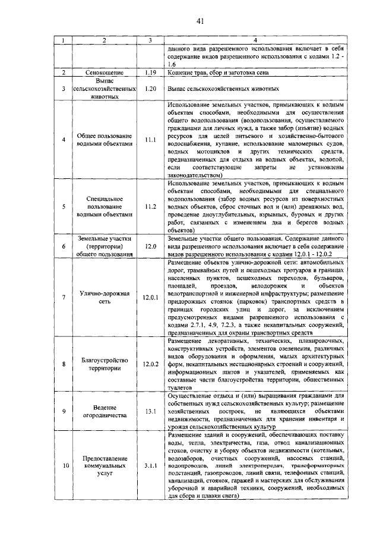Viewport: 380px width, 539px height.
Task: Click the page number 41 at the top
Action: [200, 22]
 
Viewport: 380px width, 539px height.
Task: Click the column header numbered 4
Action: [256, 40]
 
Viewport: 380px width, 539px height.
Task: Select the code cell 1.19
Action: [150, 73]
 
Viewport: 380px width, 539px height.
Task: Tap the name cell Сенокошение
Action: [104, 73]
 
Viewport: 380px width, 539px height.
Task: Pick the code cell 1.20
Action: [150, 89]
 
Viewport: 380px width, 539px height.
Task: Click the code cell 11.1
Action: [150, 140]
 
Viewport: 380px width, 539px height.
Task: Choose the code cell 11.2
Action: [150, 207]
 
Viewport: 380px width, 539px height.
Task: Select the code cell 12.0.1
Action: [150, 297]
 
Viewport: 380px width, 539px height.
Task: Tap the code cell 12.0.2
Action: [150, 364]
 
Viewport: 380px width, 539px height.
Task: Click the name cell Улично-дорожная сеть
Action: [104, 297]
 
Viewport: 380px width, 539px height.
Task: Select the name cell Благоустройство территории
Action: [104, 364]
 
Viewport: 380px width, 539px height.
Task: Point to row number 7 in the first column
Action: [63, 297]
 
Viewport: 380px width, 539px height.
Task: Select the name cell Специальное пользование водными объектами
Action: [104, 207]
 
